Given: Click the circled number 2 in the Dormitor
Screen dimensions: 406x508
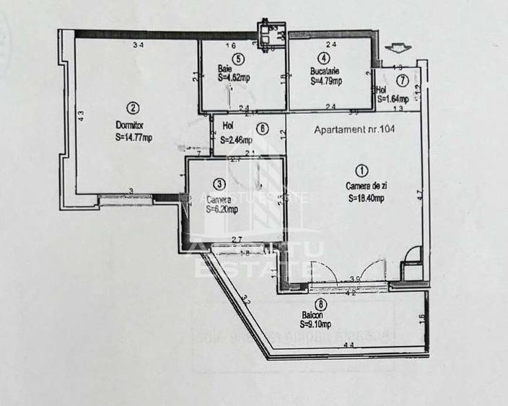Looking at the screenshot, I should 132,108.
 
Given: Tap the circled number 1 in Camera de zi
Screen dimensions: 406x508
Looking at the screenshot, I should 362,171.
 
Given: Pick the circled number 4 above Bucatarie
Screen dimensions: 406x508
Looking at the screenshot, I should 325,58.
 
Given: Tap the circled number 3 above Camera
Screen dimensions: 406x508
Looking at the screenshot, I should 219,184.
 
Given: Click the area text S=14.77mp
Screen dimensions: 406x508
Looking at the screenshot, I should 133,137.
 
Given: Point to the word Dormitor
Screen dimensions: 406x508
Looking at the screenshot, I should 130,123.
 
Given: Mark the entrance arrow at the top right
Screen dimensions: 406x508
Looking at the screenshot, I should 396,48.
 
